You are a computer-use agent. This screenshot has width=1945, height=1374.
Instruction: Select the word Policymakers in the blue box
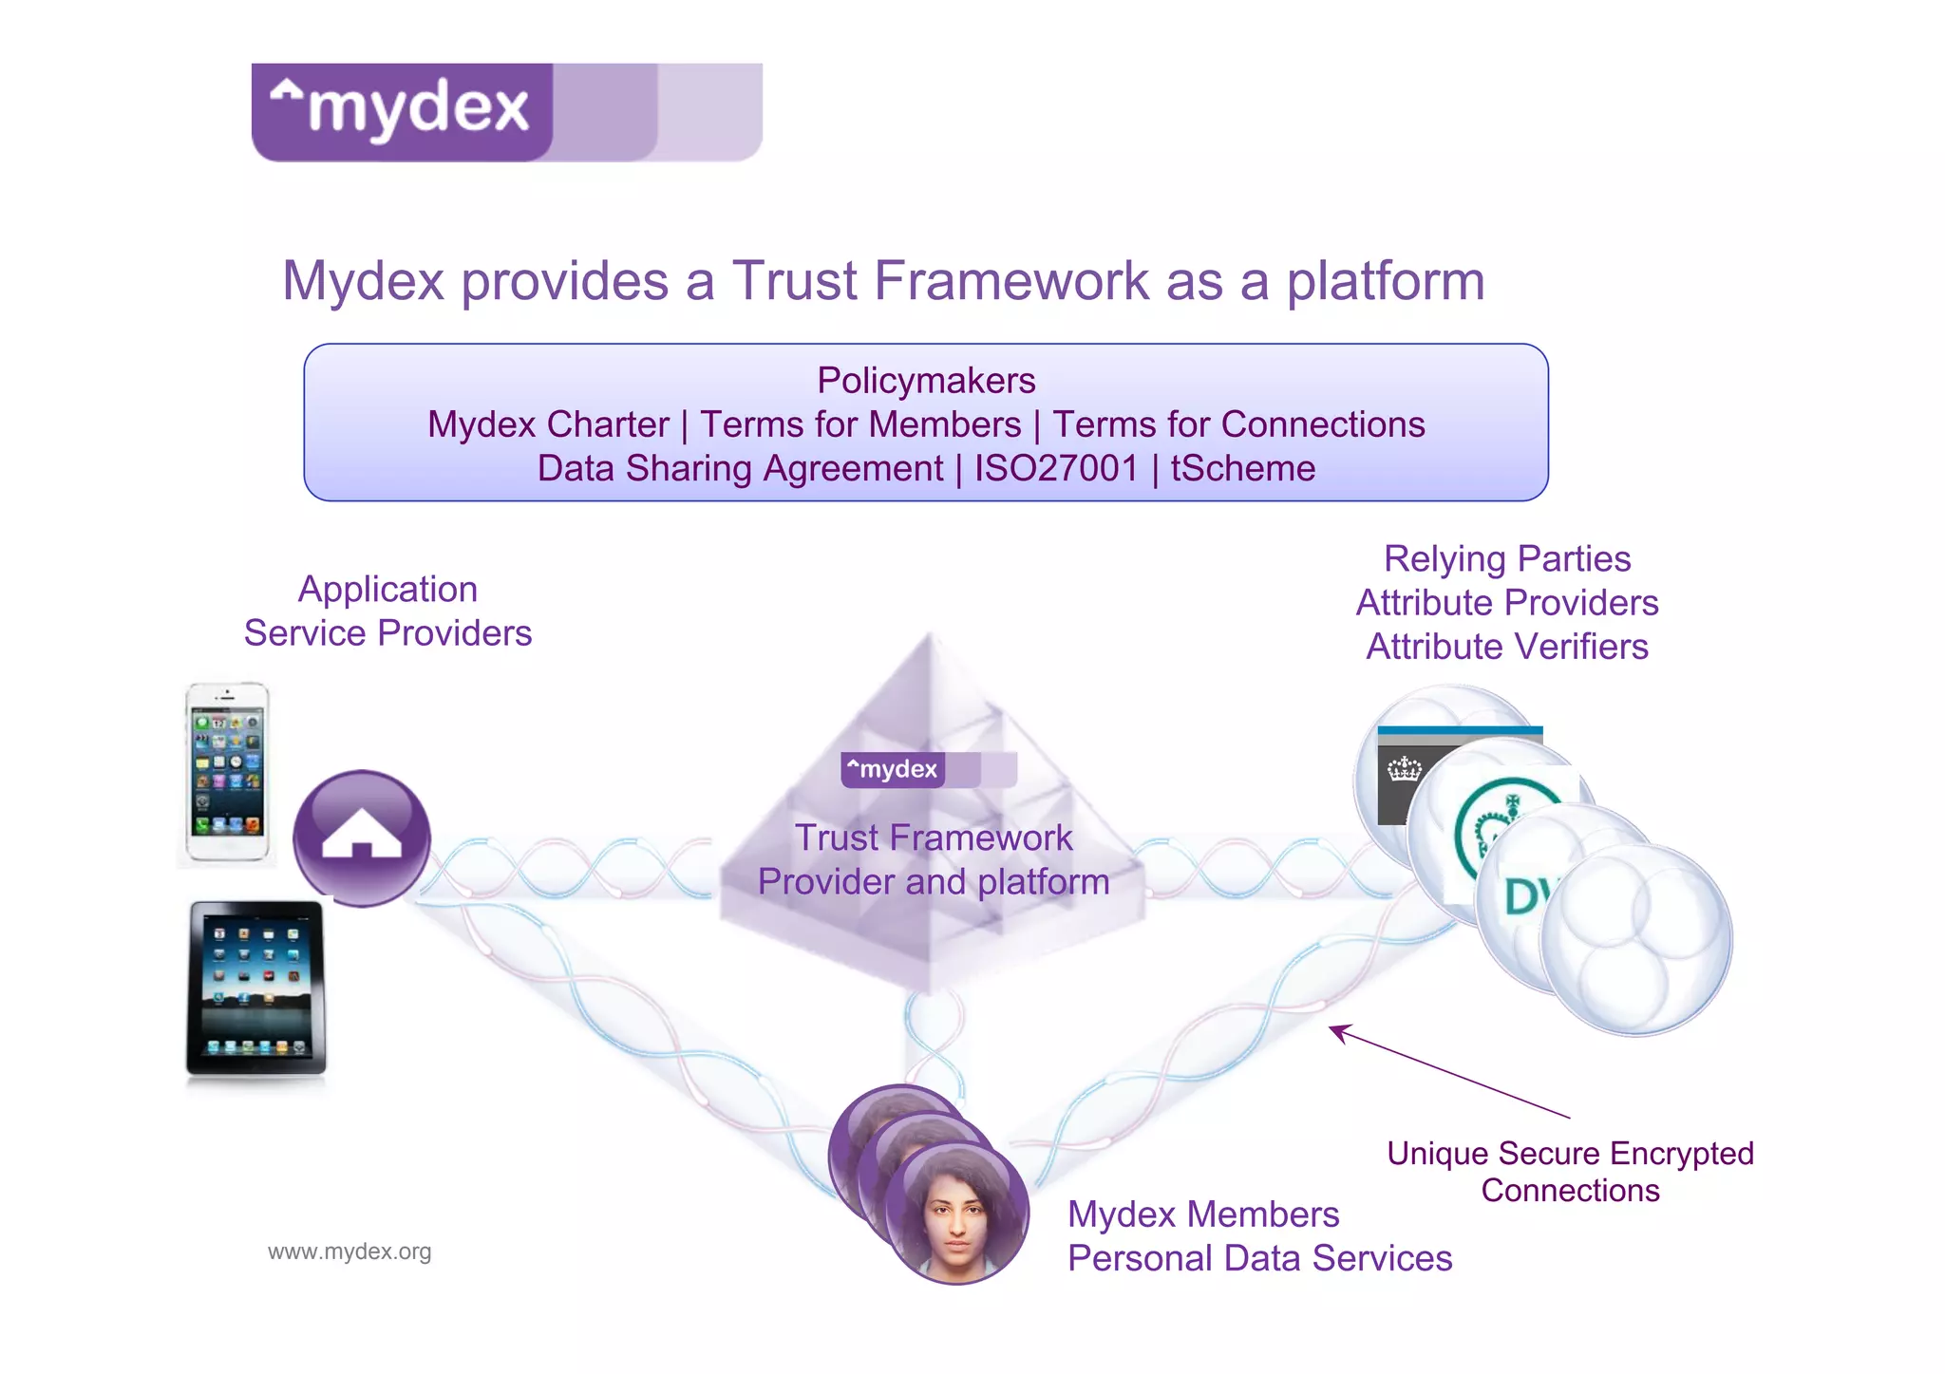coord(926,381)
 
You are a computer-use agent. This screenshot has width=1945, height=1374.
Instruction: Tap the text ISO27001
coord(1056,469)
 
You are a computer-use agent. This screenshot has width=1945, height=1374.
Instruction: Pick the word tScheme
coord(1242,469)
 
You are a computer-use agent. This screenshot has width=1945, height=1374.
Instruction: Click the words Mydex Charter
coord(548,424)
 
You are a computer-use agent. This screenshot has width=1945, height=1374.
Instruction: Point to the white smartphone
coord(227,773)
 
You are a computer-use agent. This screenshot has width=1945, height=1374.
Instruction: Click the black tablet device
coord(256,988)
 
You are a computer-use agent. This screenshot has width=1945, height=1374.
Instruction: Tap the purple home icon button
coord(361,837)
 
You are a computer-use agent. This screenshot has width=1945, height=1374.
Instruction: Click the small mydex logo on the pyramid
coord(928,769)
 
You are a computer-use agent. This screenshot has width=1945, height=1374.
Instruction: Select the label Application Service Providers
coord(387,612)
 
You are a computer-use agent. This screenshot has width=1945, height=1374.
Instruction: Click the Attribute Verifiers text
coord(1507,647)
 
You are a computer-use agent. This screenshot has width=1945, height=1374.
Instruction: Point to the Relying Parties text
coord(1507,559)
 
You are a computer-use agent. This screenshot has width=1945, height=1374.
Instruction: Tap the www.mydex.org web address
coord(349,1252)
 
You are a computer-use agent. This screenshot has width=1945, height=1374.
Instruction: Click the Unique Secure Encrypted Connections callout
coord(1570,1172)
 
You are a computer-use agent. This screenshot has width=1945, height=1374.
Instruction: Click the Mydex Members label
coord(1203,1214)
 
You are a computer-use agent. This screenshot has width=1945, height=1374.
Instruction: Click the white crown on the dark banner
coord(1404,769)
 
